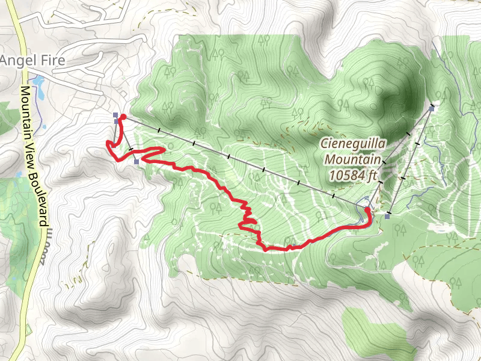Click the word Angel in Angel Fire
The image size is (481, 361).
17,60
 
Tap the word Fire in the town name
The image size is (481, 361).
51,60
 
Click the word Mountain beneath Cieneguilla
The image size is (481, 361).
353,159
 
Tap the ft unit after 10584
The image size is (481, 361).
374,176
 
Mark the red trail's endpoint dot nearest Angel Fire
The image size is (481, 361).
123,117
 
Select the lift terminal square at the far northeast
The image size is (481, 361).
432,109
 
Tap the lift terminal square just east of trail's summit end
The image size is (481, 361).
388,215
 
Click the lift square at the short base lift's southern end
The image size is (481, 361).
137,161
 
